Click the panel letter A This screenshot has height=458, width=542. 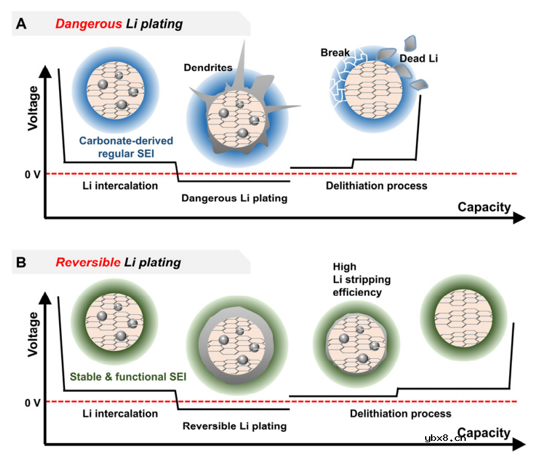point(22,24)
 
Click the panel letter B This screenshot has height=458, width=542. point(22,262)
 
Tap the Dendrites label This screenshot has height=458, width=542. point(209,67)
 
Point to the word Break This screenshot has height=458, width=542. point(335,52)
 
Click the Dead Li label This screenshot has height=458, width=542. point(418,58)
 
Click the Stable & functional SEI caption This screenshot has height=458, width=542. point(128,377)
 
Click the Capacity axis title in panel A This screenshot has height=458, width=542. point(484,208)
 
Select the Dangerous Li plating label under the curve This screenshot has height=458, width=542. point(235,198)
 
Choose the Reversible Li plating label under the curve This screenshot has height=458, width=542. point(235,426)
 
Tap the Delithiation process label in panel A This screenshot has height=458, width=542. point(376,186)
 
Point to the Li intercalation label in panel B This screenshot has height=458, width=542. point(120,414)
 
